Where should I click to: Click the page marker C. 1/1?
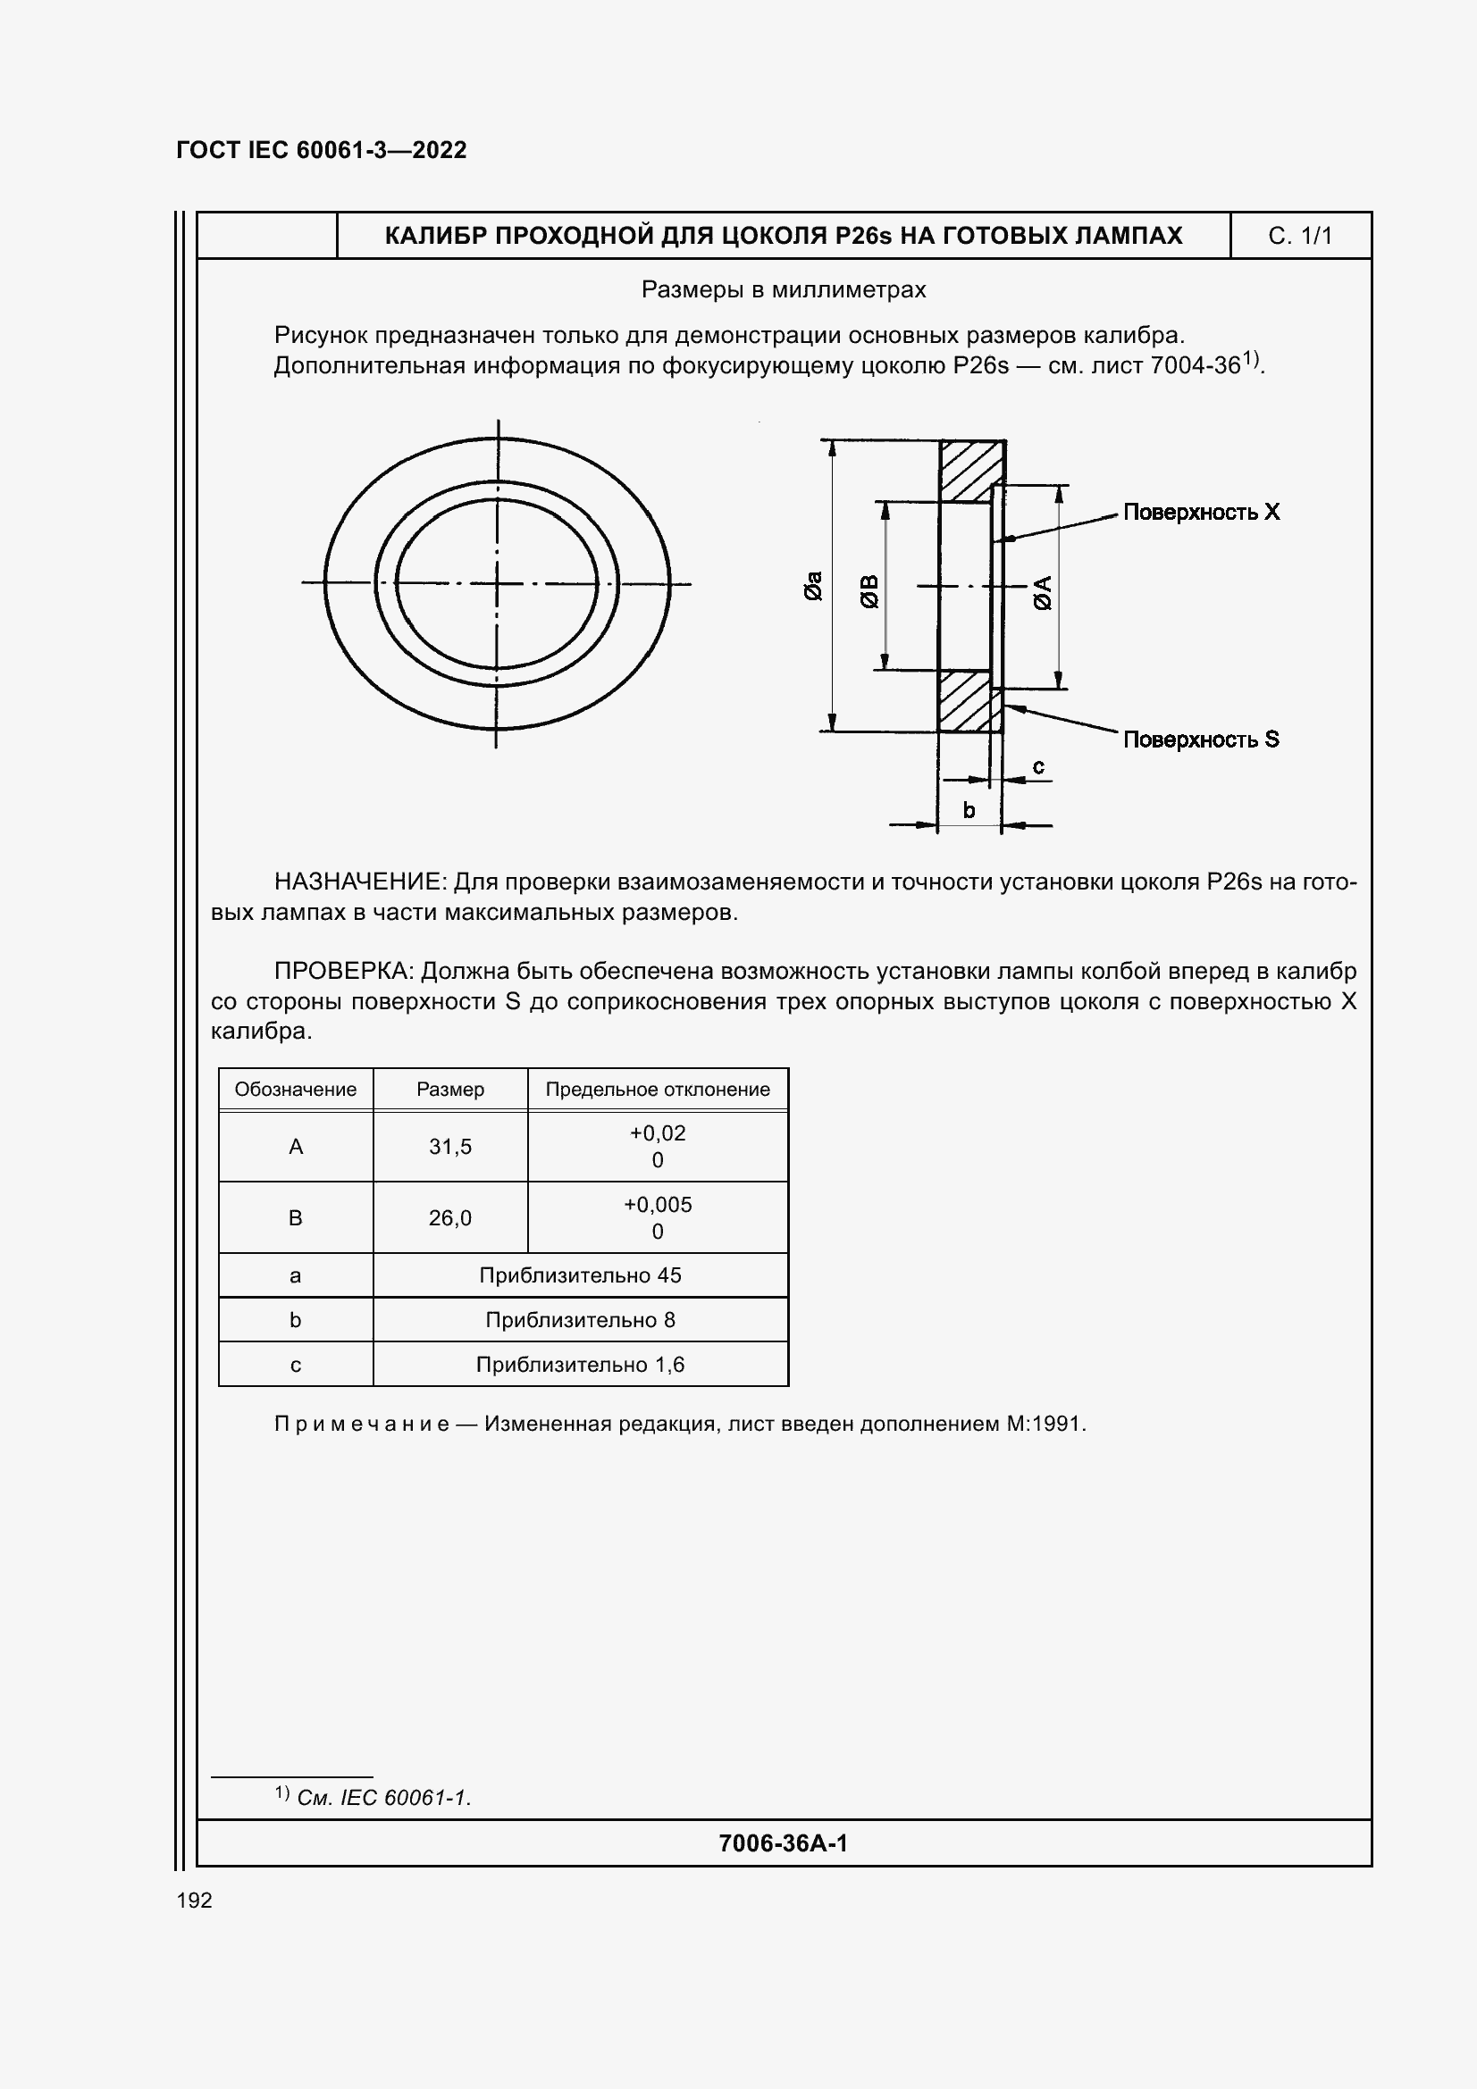coord(1299,236)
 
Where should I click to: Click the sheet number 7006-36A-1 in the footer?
coord(783,1843)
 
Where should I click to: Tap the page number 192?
coord(194,1900)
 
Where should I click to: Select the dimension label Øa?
coord(813,586)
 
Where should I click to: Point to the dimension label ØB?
coord(869,591)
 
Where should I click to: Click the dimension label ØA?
coord(1043,592)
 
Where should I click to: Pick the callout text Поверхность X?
coord(1200,513)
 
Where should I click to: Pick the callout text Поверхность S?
coord(1200,740)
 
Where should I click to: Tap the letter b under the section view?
coord(969,810)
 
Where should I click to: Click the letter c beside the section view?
coord(1037,767)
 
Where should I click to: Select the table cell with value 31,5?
coord(449,1147)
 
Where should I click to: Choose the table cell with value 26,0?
coord(449,1217)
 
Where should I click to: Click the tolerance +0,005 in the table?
coord(657,1205)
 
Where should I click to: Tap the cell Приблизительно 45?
coord(580,1274)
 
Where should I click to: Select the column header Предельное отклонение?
coord(657,1089)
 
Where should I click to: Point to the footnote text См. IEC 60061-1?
coord(383,1798)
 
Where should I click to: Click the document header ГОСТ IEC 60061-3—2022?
coord(322,150)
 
